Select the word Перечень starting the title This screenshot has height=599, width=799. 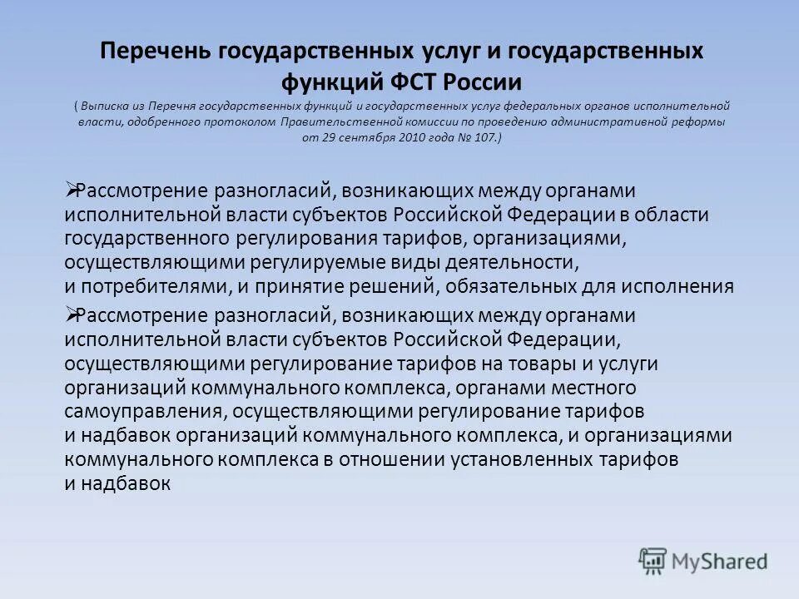coord(155,52)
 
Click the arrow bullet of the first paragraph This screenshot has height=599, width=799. coord(70,191)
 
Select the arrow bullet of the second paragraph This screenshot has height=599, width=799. coord(70,314)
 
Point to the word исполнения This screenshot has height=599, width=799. coord(687,287)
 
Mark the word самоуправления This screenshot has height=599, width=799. coord(143,412)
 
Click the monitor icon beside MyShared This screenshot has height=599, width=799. coord(653,560)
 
